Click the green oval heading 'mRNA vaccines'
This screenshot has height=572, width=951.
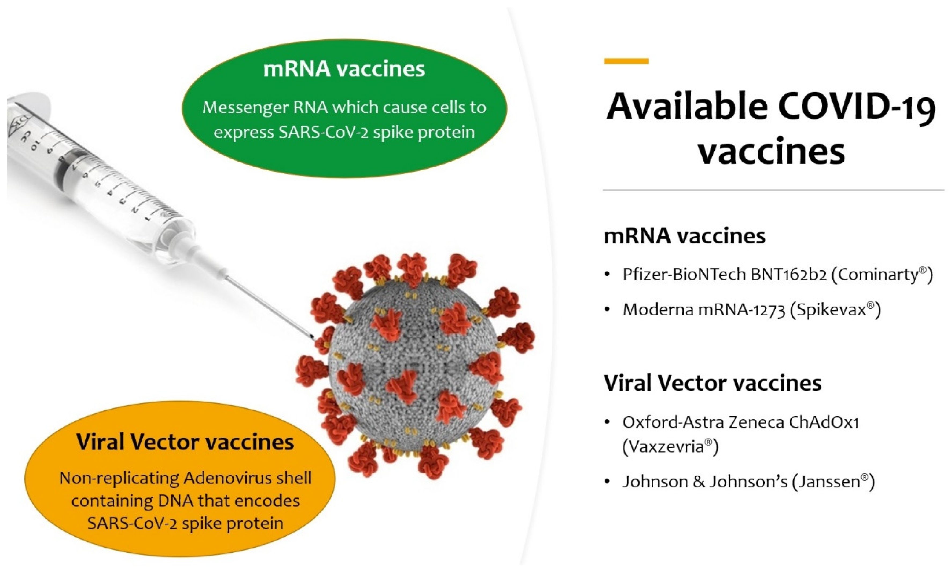point(344,69)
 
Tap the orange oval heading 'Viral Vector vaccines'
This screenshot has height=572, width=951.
point(185,442)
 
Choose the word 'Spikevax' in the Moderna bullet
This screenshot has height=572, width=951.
point(830,309)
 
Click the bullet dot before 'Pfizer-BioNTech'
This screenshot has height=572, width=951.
point(607,275)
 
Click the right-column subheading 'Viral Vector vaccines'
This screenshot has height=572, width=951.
point(712,383)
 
